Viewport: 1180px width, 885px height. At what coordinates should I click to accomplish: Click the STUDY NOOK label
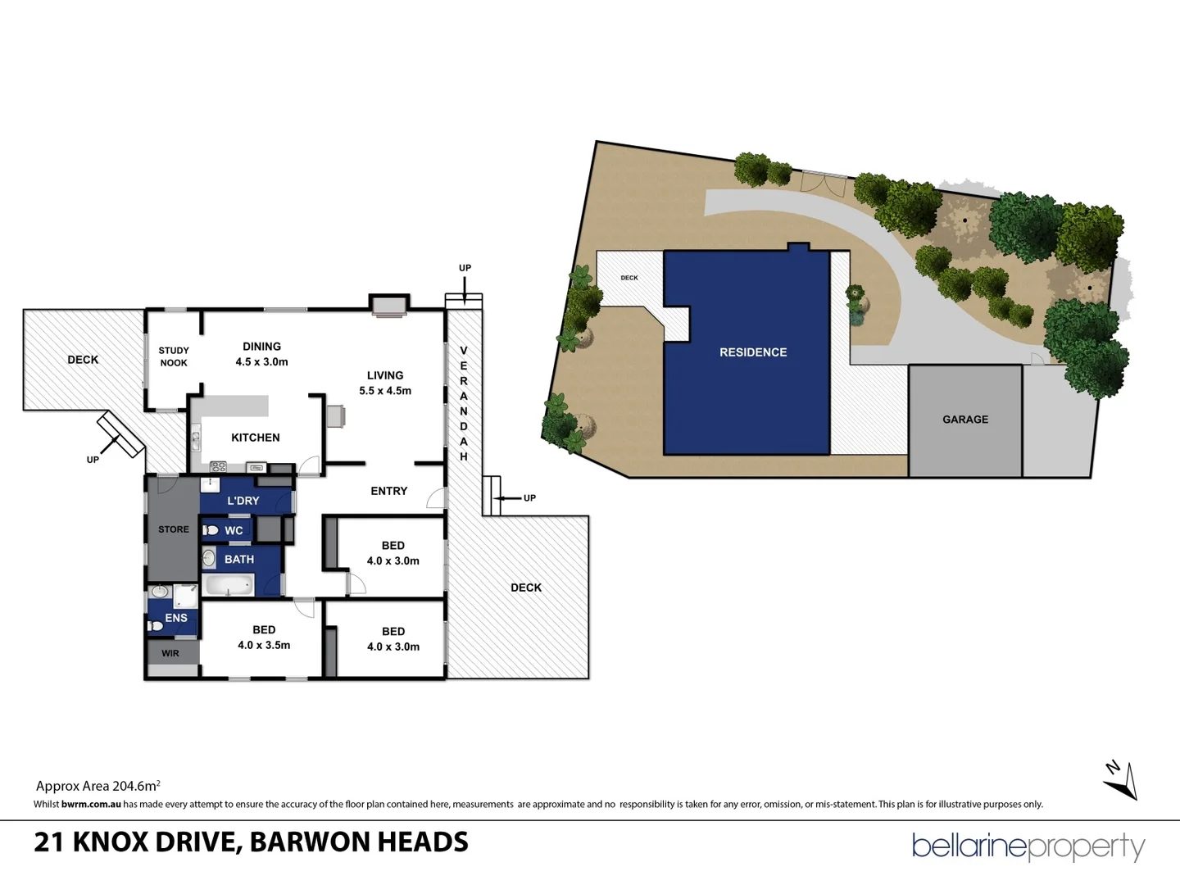pyautogui.click(x=174, y=356)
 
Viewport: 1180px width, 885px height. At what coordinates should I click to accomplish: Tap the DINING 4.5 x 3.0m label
pyautogui.click(x=261, y=354)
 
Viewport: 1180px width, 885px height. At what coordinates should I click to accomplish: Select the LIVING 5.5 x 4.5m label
pyautogui.click(x=385, y=383)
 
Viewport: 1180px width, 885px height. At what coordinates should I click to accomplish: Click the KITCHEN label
pyautogui.click(x=255, y=438)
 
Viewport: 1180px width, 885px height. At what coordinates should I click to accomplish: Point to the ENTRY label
pyautogui.click(x=388, y=491)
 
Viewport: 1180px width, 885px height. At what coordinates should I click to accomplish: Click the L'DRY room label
pyautogui.click(x=243, y=501)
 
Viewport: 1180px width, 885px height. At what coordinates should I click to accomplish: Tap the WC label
pyautogui.click(x=234, y=530)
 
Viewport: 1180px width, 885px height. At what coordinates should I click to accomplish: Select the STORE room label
pyautogui.click(x=173, y=529)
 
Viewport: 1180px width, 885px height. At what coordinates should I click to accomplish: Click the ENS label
pyautogui.click(x=175, y=618)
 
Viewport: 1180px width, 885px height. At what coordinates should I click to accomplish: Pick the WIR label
pyautogui.click(x=170, y=653)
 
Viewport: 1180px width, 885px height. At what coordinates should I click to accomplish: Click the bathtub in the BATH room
pyautogui.click(x=229, y=585)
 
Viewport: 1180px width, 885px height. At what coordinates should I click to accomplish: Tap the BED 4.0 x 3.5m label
pyautogui.click(x=264, y=638)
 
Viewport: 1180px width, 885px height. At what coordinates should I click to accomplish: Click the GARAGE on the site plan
pyautogui.click(x=964, y=420)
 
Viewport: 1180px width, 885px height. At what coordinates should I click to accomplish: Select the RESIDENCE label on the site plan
pyautogui.click(x=752, y=352)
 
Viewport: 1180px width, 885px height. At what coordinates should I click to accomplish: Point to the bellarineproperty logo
pyautogui.click(x=1028, y=846)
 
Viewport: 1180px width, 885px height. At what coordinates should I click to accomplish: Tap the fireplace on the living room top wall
pyautogui.click(x=388, y=306)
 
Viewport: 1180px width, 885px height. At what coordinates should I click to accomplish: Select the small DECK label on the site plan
pyautogui.click(x=629, y=278)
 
